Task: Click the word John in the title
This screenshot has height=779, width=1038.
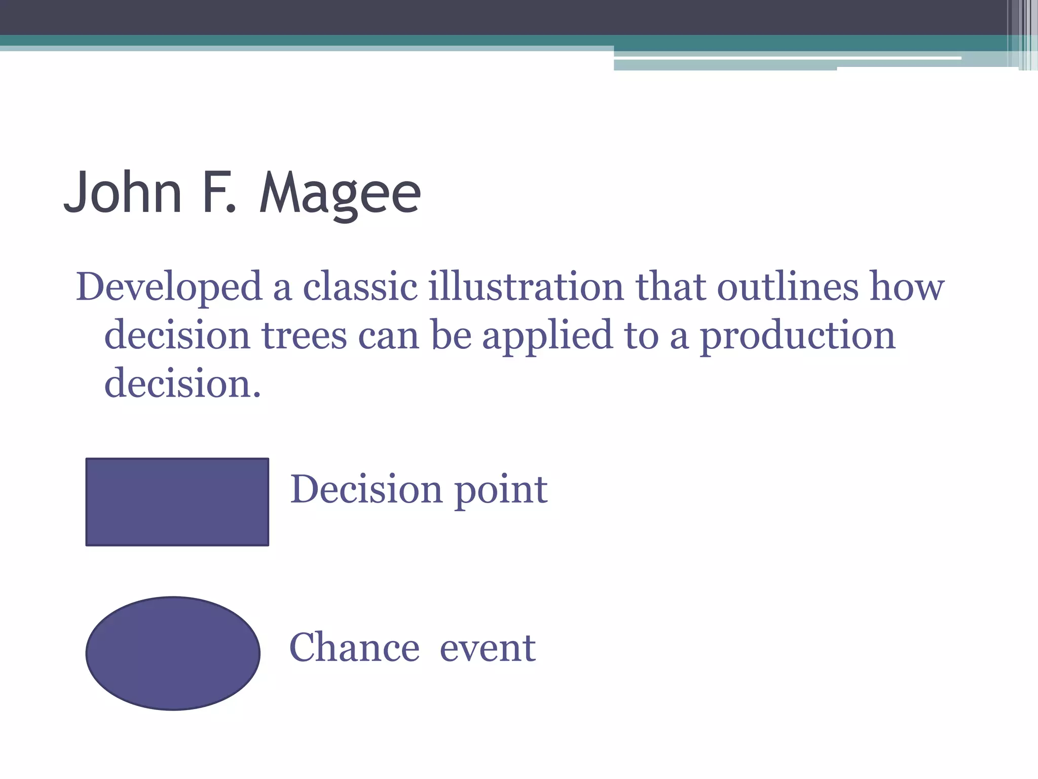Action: click(x=123, y=193)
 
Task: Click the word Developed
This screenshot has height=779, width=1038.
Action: click(x=169, y=288)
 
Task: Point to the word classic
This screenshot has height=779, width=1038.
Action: click(x=360, y=287)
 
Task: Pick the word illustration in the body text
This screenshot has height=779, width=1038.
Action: click(x=526, y=287)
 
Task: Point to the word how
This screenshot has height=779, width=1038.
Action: click(x=907, y=287)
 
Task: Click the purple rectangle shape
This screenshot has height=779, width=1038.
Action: click(x=177, y=502)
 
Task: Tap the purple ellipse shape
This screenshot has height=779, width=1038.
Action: click(x=173, y=653)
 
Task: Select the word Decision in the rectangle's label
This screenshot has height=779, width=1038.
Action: click(x=366, y=489)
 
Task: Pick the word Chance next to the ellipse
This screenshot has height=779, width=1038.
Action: click(x=354, y=648)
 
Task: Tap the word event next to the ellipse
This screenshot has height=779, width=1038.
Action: click(x=488, y=649)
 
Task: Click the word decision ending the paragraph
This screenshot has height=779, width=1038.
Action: click(x=182, y=383)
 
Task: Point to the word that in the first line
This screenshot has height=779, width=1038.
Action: click(x=670, y=287)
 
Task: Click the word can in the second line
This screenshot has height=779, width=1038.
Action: click(x=389, y=336)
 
